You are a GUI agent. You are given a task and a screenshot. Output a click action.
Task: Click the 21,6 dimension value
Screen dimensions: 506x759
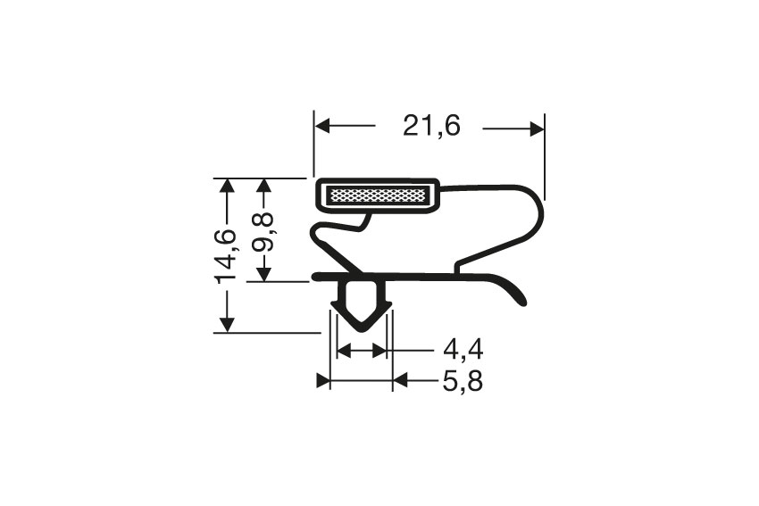(430, 128)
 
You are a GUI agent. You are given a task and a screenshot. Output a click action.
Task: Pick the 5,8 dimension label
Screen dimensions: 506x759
(463, 382)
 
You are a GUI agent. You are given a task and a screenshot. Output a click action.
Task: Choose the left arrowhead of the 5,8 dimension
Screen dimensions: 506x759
(324, 382)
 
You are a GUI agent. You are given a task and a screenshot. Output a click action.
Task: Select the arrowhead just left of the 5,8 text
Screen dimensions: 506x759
(399, 382)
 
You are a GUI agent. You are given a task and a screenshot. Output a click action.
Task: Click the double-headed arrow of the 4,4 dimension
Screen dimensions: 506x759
(361, 351)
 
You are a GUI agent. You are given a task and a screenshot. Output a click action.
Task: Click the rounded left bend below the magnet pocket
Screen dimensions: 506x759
(314, 237)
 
